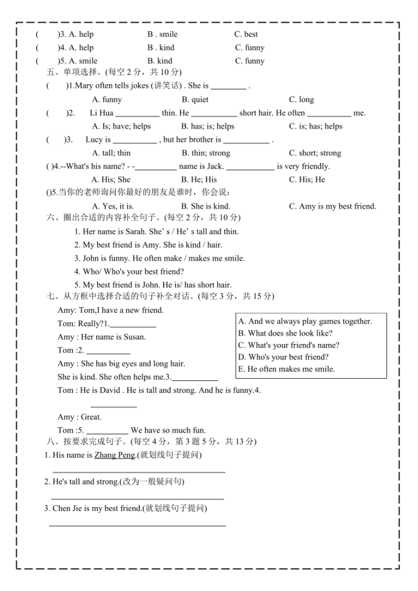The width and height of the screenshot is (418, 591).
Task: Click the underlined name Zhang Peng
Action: [114, 455]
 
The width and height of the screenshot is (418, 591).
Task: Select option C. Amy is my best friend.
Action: [332, 206]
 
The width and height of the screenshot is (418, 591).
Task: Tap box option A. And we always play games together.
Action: [305, 321]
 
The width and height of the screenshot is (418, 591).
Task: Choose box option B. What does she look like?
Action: [285, 334]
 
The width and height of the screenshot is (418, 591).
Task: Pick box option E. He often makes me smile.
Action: [286, 369]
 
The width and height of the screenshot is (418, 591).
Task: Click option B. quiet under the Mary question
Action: [195, 99]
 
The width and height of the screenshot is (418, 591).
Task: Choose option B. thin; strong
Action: [206, 153]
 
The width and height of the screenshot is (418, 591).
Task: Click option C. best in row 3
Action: [246, 35]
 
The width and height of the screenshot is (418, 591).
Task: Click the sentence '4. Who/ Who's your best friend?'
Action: [129, 271]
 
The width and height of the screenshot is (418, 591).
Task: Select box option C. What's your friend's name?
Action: [288, 346]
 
